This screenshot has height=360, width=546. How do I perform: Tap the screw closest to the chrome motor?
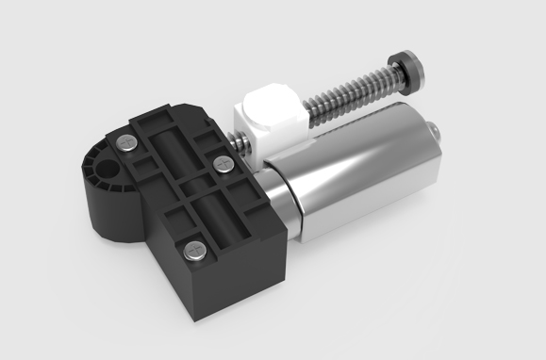[x=223, y=165]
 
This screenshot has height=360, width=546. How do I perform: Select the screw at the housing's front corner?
[x=193, y=250]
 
